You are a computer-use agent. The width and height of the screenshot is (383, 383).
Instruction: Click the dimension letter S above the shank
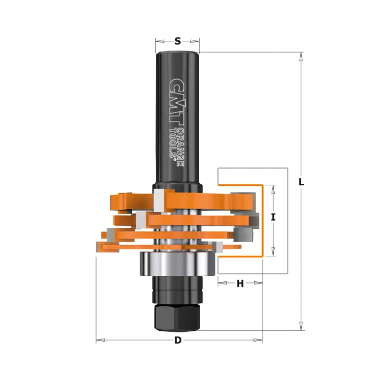click(177, 41)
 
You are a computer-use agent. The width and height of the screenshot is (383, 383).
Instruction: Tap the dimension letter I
click(273, 217)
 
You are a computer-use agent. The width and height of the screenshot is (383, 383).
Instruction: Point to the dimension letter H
click(240, 284)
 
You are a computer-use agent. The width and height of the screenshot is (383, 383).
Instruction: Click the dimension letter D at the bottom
click(178, 341)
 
